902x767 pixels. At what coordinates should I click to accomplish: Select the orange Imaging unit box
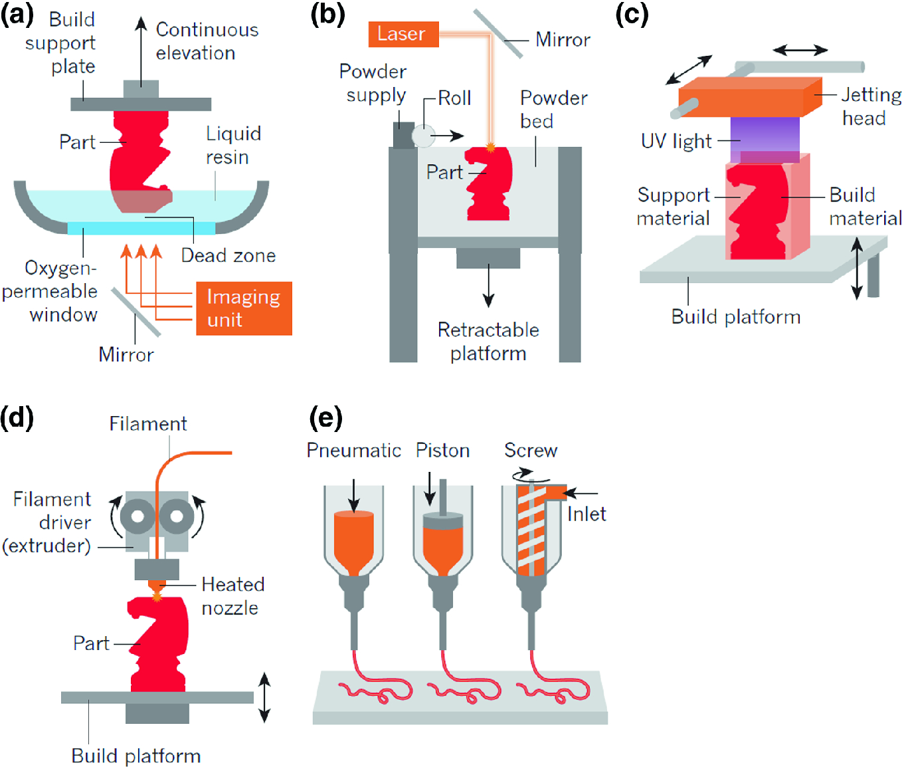pyautogui.click(x=244, y=308)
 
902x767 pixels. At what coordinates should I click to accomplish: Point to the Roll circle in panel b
pyautogui.click(x=423, y=136)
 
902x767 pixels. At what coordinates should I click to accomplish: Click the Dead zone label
pyautogui.click(x=228, y=255)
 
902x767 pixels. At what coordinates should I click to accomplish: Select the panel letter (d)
pyautogui.click(x=17, y=418)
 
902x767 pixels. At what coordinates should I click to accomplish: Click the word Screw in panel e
pyautogui.click(x=530, y=451)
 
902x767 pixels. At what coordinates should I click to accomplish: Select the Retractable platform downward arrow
pyautogui.click(x=488, y=285)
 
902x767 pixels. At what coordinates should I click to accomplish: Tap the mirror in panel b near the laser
pyautogui.click(x=499, y=34)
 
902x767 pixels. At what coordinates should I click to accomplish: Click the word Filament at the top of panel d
pyautogui.click(x=147, y=424)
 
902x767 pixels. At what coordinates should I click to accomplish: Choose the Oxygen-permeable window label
pyautogui.click(x=50, y=291)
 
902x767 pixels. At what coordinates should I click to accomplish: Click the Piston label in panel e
pyautogui.click(x=442, y=451)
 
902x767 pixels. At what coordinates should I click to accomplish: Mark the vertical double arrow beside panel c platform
pyautogui.click(x=857, y=269)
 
